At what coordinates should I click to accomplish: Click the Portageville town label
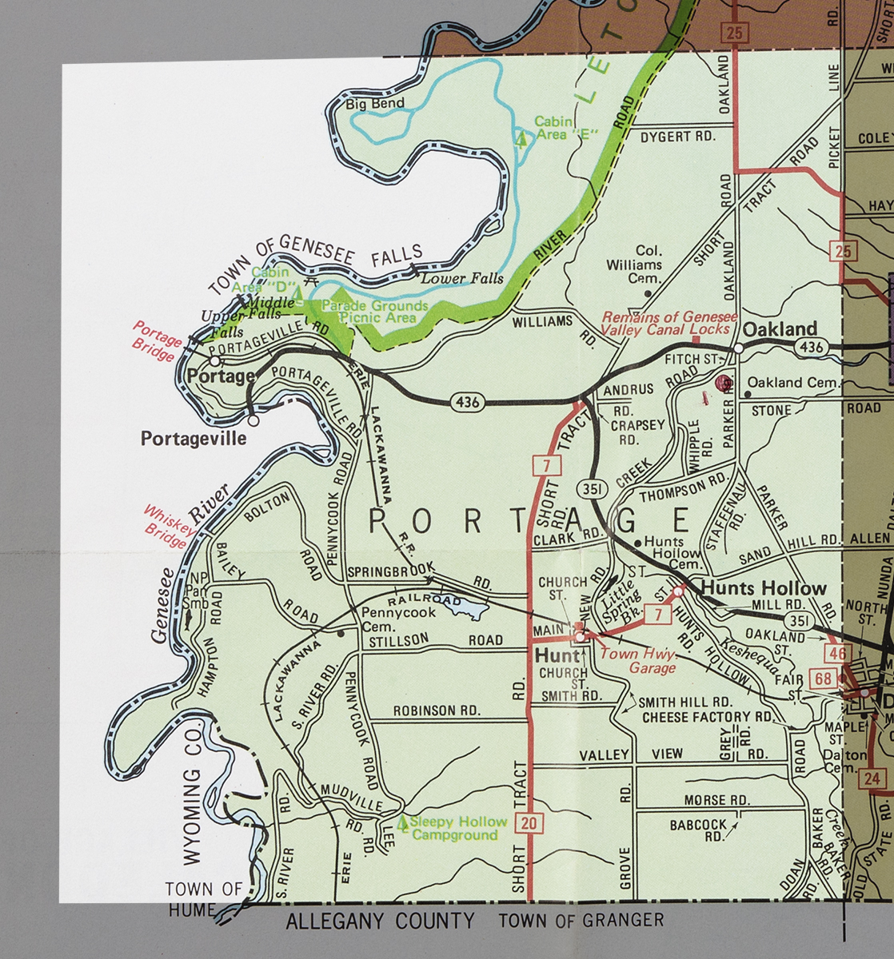(194, 439)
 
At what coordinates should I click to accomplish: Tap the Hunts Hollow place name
(764, 588)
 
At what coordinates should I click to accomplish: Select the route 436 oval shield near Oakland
(811, 347)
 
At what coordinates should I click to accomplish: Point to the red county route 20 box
(527, 822)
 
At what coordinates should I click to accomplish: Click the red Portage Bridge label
(158, 341)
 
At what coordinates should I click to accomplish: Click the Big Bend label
(375, 104)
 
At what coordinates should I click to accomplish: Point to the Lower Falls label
(462, 278)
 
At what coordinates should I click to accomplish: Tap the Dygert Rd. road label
(677, 137)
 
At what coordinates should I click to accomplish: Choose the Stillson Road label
(432, 639)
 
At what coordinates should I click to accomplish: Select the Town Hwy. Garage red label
(637, 660)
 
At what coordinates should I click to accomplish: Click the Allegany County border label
(380, 921)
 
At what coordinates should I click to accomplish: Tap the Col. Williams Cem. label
(634, 265)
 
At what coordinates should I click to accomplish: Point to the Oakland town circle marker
(738, 348)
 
